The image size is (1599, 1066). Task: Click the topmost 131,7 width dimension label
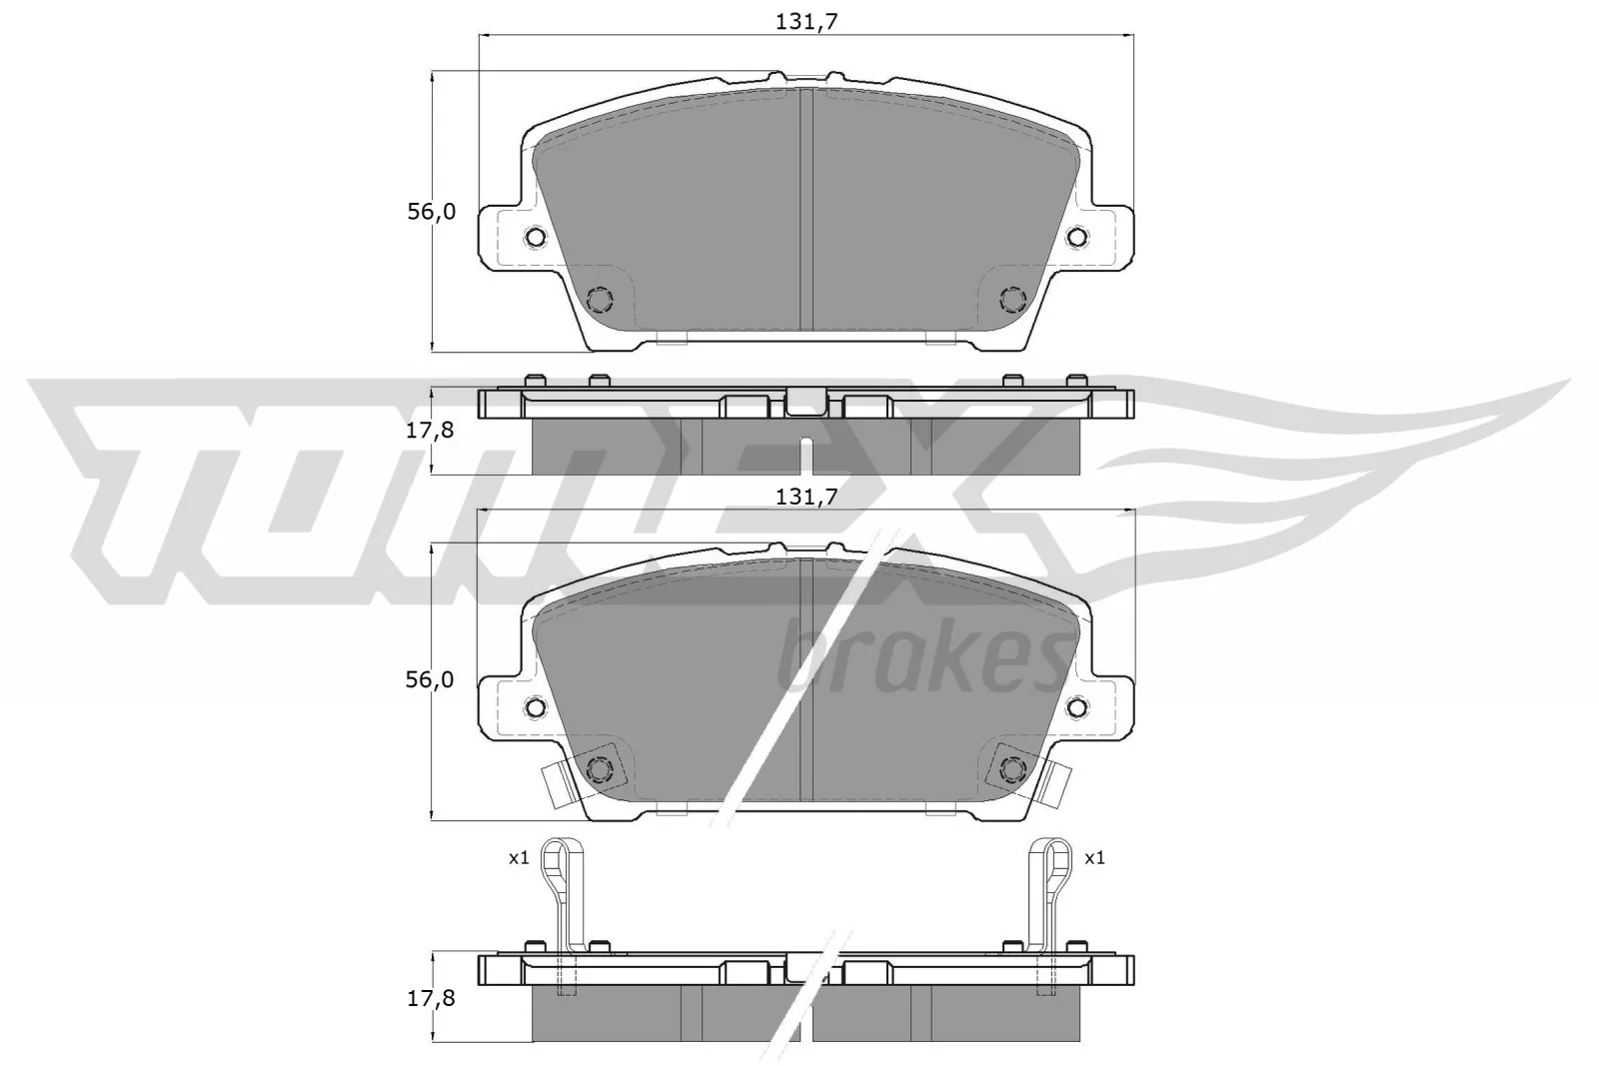[805, 22]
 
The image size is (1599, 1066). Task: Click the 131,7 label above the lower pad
[805, 496]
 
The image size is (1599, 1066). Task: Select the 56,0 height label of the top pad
[431, 212]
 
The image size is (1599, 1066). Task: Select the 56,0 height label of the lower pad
[431, 680]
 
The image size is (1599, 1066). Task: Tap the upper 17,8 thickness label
[431, 431]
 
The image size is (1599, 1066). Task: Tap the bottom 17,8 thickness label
[431, 998]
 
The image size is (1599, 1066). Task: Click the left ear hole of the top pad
[535, 237]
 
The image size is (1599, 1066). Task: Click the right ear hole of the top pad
[1077, 237]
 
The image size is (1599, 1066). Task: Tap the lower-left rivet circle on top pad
[600, 299]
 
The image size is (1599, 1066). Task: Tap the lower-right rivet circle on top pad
[1012, 299]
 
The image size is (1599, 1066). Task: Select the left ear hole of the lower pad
[535, 706]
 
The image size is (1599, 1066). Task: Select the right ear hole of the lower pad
[1077, 706]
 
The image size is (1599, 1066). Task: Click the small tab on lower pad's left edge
[556, 784]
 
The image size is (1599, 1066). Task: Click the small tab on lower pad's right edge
[1055, 784]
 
